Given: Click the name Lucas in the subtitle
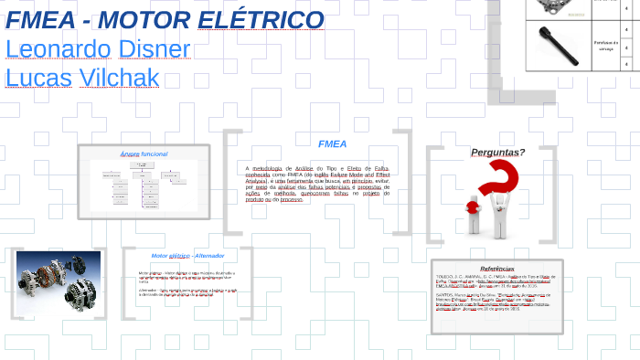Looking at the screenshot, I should (x=33, y=79).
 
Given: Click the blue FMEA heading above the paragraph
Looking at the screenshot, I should (x=332, y=144).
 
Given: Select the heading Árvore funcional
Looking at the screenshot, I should (x=144, y=154).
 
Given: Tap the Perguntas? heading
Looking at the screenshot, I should (x=497, y=152).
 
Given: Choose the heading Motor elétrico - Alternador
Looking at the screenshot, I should (x=187, y=256).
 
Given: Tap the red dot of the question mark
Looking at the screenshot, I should (x=473, y=207).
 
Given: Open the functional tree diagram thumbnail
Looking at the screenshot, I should (x=144, y=185).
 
